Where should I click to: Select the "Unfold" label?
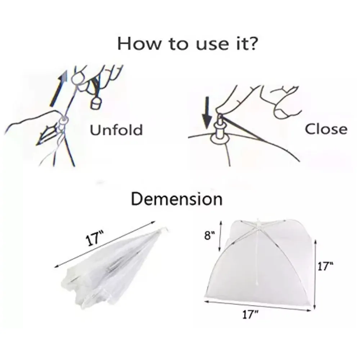click(116, 130)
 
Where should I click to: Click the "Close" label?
click(326, 129)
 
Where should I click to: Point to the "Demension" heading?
click(176, 199)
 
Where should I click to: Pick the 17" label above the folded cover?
click(94, 239)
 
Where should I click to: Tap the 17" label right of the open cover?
click(325, 266)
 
